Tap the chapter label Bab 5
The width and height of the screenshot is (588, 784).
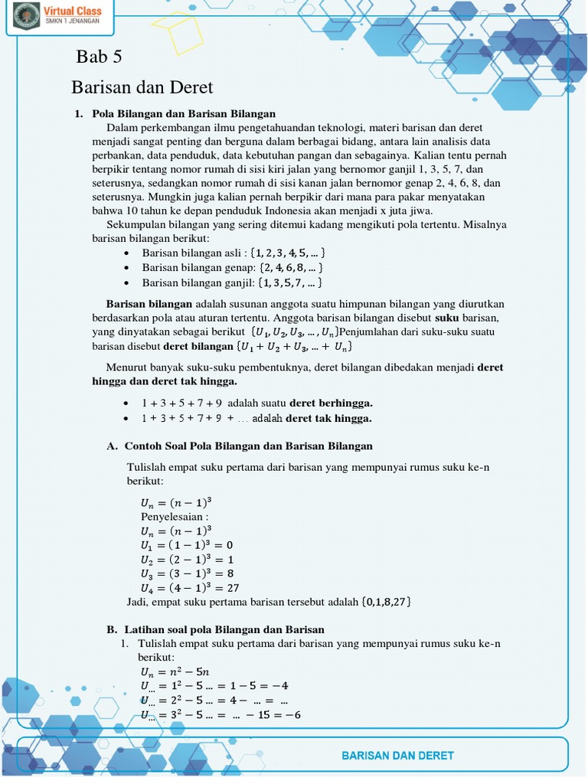(99, 57)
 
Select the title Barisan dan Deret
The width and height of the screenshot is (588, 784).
(142, 87)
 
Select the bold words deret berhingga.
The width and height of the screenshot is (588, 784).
(331, 403)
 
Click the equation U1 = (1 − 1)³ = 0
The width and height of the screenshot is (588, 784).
(186, 545)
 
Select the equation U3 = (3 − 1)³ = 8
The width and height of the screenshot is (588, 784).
(187, 573)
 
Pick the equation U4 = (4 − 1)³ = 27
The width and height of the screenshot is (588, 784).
(190, 588)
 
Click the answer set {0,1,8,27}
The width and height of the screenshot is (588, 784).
(386, 602)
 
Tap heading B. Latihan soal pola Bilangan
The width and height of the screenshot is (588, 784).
(215, 629)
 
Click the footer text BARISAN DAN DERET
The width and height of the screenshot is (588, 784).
(397, 755)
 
